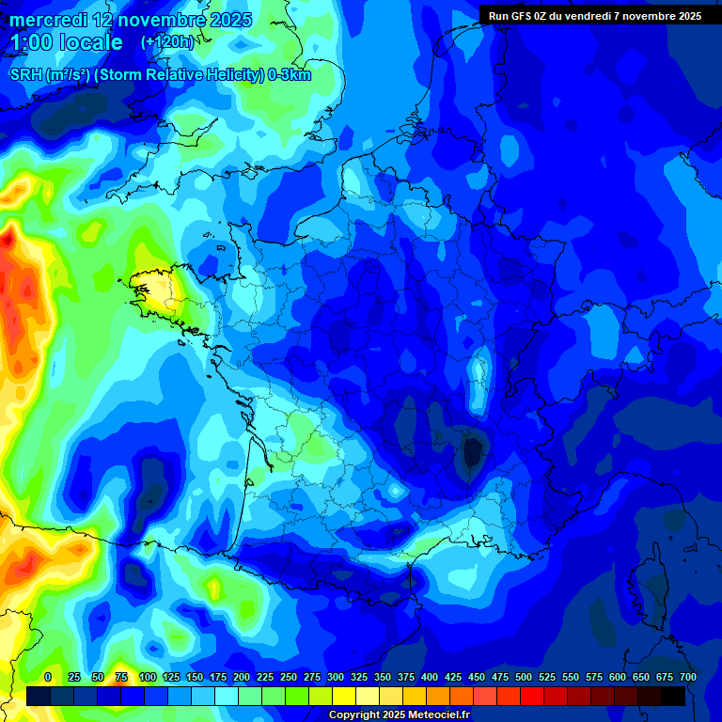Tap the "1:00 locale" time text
click(66, 43)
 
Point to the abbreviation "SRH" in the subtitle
click(25, 75)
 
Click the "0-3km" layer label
click(289, 75)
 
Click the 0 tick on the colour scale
click(48, 677)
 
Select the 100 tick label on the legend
click(148, 677)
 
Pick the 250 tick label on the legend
click(289, 677)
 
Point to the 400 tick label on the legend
click(430, 677)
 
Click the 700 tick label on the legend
click(687, 677)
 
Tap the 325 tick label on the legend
click(359, 677)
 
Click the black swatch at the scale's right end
click(673, 696)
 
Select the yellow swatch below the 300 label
click(344, 696)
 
